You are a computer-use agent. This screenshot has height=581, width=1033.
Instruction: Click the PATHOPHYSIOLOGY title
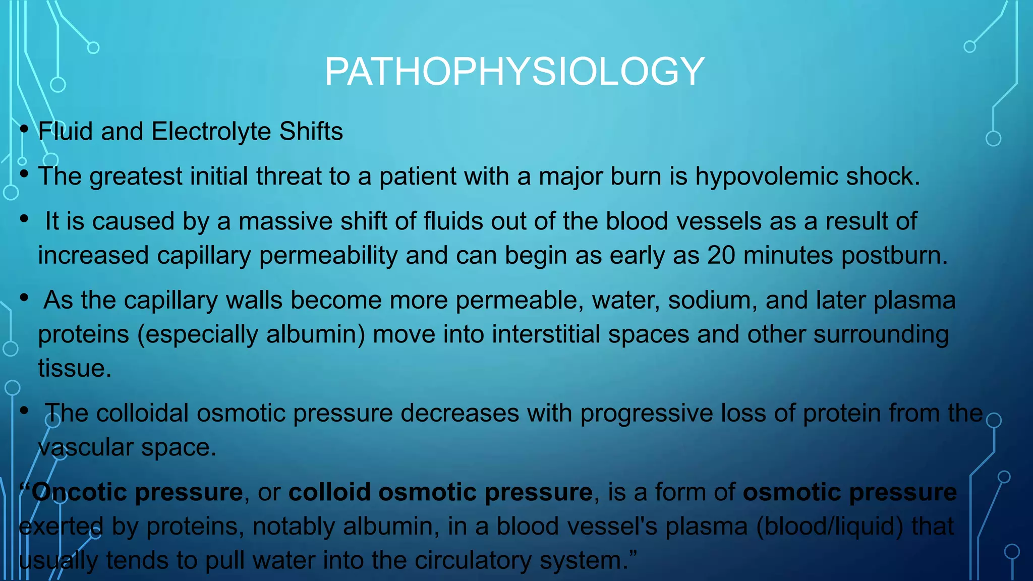click(514, 72)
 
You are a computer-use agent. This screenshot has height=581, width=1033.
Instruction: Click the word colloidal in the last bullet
click(142, 414)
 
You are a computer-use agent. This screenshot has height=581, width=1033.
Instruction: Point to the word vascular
click(85, 447)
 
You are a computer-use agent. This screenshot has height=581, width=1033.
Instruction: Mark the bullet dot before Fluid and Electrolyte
click(24, 130)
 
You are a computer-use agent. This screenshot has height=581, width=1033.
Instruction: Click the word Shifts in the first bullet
click(311, 132)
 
